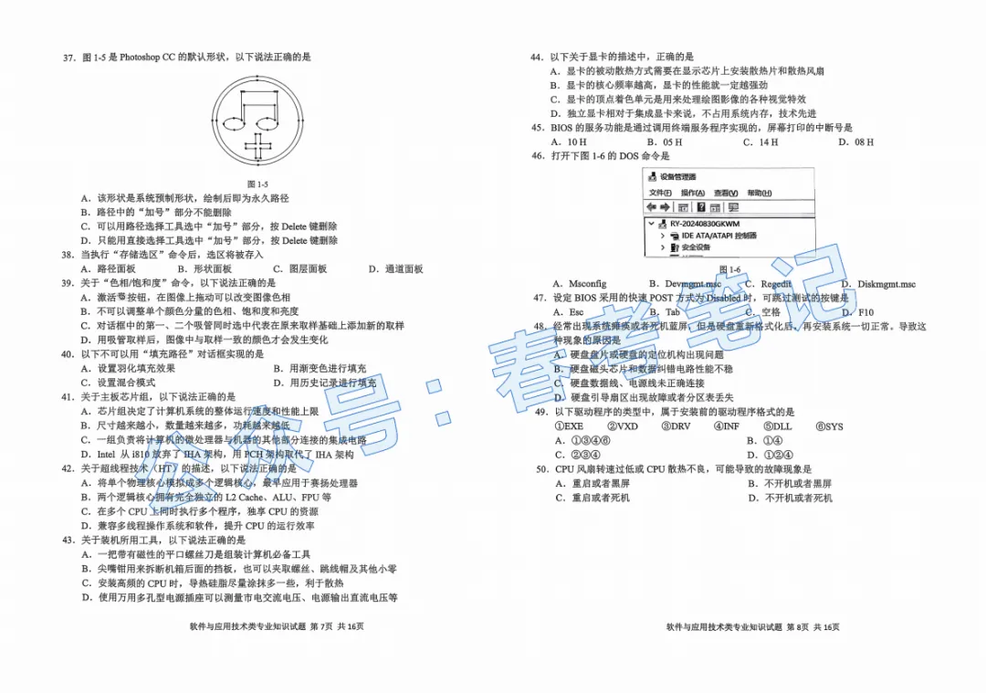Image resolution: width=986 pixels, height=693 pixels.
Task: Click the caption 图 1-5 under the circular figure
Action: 258,184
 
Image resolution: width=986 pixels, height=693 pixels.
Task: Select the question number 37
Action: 68,58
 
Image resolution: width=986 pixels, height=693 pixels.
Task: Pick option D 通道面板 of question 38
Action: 395,269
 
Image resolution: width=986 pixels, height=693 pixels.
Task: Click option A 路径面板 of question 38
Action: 108,269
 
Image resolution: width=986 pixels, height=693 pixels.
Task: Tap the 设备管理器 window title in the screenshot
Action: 677,177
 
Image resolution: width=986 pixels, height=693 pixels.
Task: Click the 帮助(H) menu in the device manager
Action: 759,193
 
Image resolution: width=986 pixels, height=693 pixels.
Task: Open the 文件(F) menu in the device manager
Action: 660,193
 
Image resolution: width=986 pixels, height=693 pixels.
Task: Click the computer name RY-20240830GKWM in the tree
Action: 704,224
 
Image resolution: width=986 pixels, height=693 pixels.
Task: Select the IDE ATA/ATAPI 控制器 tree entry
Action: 719,236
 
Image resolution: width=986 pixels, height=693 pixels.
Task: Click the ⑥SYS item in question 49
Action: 829,426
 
